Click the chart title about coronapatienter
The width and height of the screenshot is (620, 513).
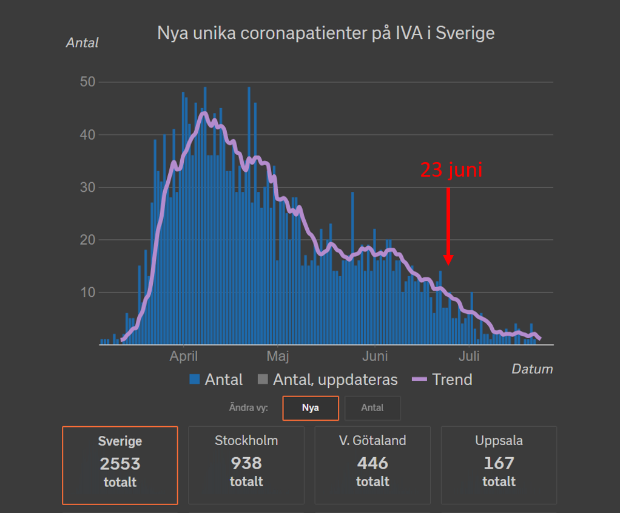[x=326, y=33]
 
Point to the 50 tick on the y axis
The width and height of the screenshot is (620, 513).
[x=89, y=82]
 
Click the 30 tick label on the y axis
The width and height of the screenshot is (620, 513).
[x=89, y=187]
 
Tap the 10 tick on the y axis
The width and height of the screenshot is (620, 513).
[x=89, y=293]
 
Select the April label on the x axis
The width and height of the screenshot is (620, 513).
[x=183, y=356]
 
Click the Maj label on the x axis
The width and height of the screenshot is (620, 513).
[x=277, y=356]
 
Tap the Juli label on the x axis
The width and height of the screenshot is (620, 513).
[x=470, y=356]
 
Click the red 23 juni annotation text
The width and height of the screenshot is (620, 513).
[x=451, y=171]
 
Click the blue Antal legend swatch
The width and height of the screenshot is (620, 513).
[x=195, y=380]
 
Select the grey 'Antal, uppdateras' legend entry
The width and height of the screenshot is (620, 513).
[x=328, y=380]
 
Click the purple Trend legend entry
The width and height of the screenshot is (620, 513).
[x=442, y=380]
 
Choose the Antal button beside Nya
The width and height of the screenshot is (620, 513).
[x=372, y=408]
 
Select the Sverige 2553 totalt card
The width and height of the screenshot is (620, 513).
[x=120, y=465]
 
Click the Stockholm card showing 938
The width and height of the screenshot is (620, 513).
[x=246, y=465]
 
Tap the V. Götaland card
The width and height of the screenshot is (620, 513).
[x=372, y=465]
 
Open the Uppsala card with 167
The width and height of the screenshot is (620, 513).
[x=499, y=465]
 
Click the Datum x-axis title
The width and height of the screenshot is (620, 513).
[x=532, y=369]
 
